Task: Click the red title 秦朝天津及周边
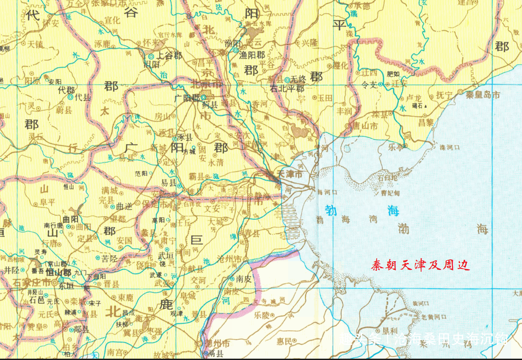point(420,265)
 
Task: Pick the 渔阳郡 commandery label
point(255,55)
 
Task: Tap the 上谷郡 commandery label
point(169,56)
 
